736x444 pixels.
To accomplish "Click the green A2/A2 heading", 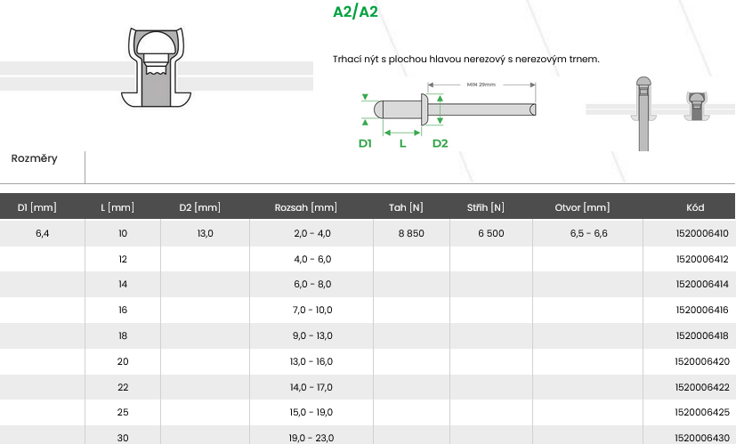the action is point(355,12).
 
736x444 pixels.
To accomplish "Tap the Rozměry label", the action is point(35,158).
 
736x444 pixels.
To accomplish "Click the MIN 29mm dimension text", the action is point(481,85).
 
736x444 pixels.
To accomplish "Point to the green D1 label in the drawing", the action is point(365,143).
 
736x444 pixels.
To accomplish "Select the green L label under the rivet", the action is point(403,143).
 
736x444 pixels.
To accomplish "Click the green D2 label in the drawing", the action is point(440,143).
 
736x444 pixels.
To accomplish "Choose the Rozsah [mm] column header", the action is point(305,207).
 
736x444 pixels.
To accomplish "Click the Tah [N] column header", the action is point(406,207).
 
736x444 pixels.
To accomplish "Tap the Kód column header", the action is point(695,207).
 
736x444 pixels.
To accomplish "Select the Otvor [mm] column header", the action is point(582,207).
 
